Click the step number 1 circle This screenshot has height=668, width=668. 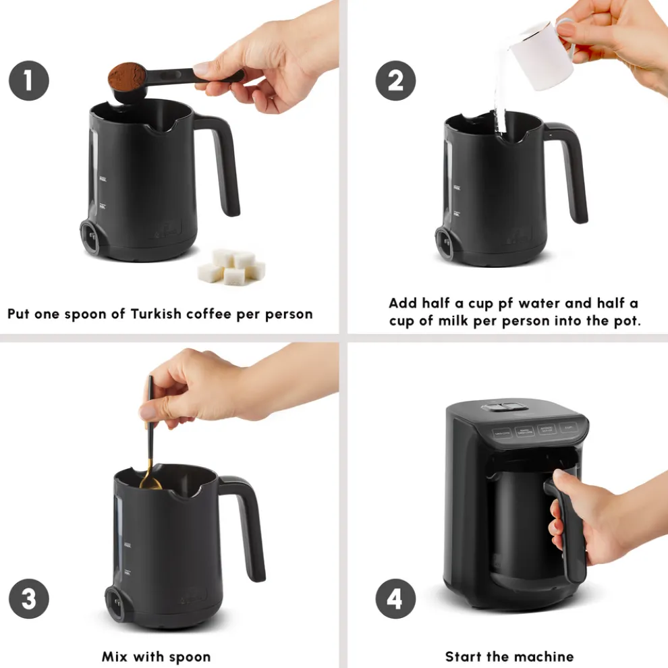[28, 81]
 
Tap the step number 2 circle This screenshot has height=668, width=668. [396, 81]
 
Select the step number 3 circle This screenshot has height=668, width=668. [28, 599]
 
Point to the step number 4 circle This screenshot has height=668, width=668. [396, 599]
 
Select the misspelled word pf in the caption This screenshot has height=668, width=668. [496, 303]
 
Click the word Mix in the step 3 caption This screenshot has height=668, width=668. [117, 656]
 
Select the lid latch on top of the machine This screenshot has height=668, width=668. [501, 408]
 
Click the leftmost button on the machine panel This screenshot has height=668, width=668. [501, 433]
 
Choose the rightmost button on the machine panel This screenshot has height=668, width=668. [569, 428]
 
